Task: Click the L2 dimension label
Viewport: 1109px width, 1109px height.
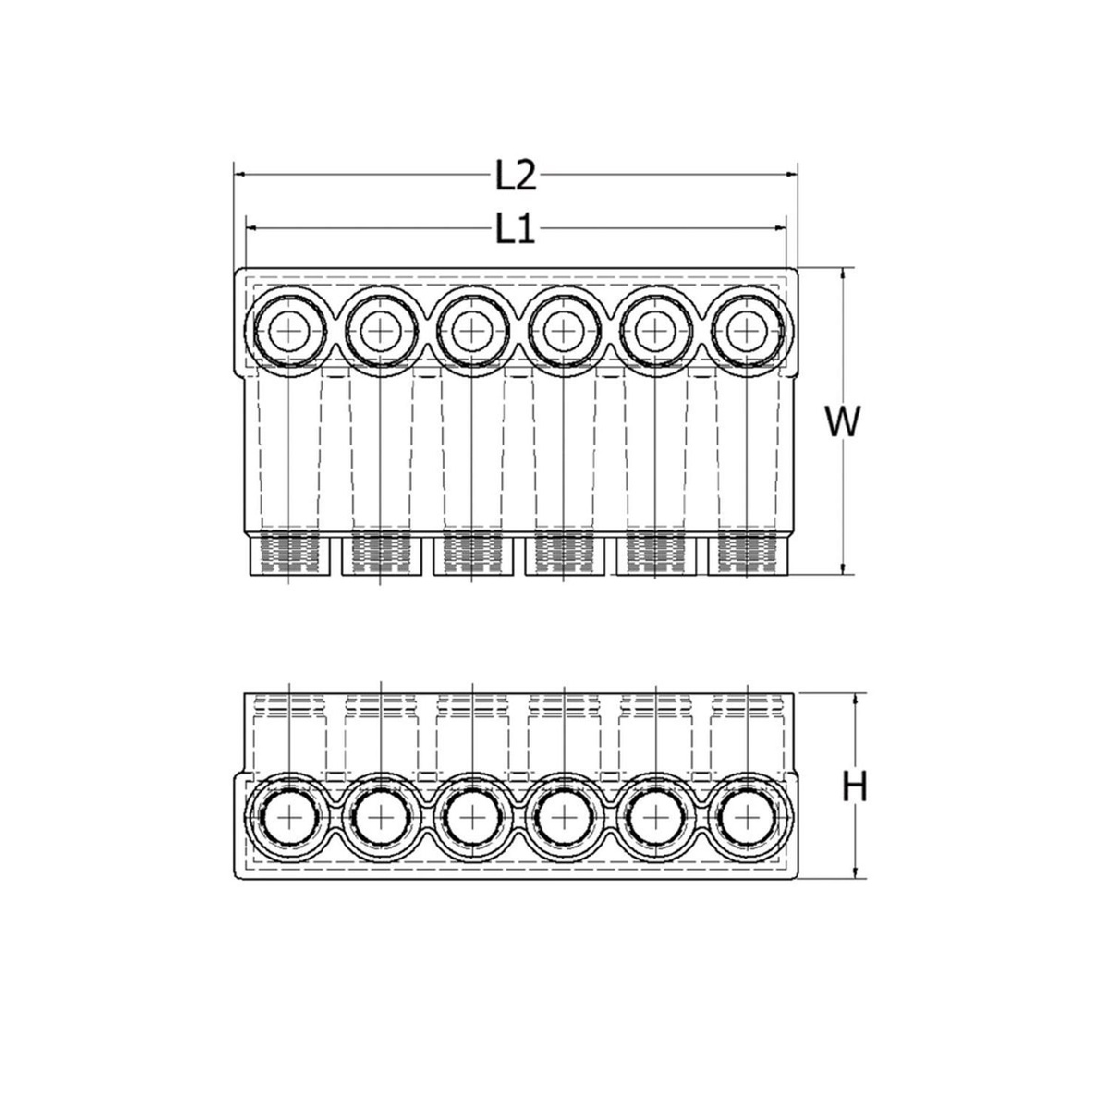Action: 515,175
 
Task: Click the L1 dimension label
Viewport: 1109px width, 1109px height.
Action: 515,229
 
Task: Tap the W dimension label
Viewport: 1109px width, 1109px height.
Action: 842,423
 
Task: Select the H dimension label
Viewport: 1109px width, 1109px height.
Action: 857,787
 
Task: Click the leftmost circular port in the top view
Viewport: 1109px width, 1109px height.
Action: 289,330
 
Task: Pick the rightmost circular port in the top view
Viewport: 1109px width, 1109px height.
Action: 746,330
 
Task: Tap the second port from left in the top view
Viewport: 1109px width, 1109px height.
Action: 380,330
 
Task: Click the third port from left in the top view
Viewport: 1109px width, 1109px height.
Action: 471,330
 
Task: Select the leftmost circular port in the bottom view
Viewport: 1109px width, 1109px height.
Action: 289,818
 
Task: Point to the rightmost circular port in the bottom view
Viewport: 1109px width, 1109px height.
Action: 746,818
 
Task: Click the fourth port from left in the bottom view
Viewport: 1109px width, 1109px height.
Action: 563,818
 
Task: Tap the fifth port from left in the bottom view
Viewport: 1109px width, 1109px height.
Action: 654,818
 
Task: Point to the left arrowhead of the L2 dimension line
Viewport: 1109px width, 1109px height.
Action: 239,173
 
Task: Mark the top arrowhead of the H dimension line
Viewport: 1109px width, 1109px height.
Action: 856,699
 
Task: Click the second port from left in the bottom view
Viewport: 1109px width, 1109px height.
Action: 380,818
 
